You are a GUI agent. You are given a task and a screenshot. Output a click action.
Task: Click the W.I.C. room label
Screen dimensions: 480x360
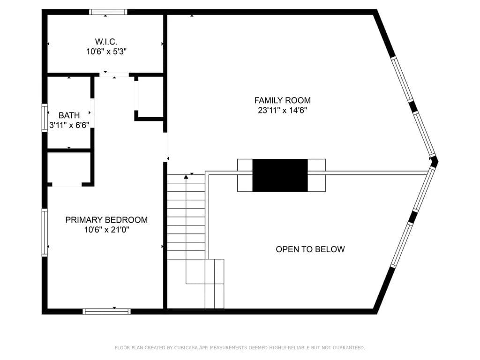(x=106, y=41)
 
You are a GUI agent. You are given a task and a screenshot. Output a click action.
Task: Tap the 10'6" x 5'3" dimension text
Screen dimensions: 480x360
(x=106, y=52)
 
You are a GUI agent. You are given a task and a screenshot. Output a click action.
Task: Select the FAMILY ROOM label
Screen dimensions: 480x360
(x=282, y=100)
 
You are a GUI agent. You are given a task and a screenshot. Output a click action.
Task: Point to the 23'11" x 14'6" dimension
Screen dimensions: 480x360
(x=282, y=110)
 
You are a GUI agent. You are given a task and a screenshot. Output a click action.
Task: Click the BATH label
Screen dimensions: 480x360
(x=69, y=115)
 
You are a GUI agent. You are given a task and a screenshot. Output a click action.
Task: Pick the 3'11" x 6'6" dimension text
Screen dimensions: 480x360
(x=69, y=125)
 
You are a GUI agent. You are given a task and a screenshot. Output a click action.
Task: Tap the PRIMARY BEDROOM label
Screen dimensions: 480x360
(x=106, y=220)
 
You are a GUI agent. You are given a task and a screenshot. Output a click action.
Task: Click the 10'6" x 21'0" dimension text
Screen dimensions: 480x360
(x=106, y=230)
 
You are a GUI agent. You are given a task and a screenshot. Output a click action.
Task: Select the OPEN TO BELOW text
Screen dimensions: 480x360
(x=310, y=249)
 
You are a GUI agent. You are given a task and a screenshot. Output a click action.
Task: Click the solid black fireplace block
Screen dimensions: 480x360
(x=280, y=175)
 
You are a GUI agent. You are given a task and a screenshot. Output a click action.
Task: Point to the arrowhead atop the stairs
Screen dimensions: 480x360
(x=186, y=177)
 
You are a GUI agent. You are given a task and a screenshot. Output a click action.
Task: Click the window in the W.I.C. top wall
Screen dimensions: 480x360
(x=108, y=12)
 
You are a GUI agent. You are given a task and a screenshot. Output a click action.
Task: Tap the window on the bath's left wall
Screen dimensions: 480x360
(x=45, y=118)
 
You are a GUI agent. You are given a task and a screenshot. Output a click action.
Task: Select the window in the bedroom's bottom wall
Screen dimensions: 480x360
(x=106, y=312)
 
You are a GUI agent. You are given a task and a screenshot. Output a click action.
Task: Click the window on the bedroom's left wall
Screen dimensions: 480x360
(x=45, y=232)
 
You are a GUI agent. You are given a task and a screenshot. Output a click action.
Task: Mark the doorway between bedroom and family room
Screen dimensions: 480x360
(x=165, y=147)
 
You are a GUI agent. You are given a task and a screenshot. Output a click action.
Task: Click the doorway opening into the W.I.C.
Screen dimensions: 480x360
(x=114, y=75)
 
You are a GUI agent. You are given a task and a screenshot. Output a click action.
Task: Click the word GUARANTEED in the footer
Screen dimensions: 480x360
(x=349, y=347)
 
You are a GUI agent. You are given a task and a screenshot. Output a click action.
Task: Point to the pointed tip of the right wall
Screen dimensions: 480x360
(x=438, y=161)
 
